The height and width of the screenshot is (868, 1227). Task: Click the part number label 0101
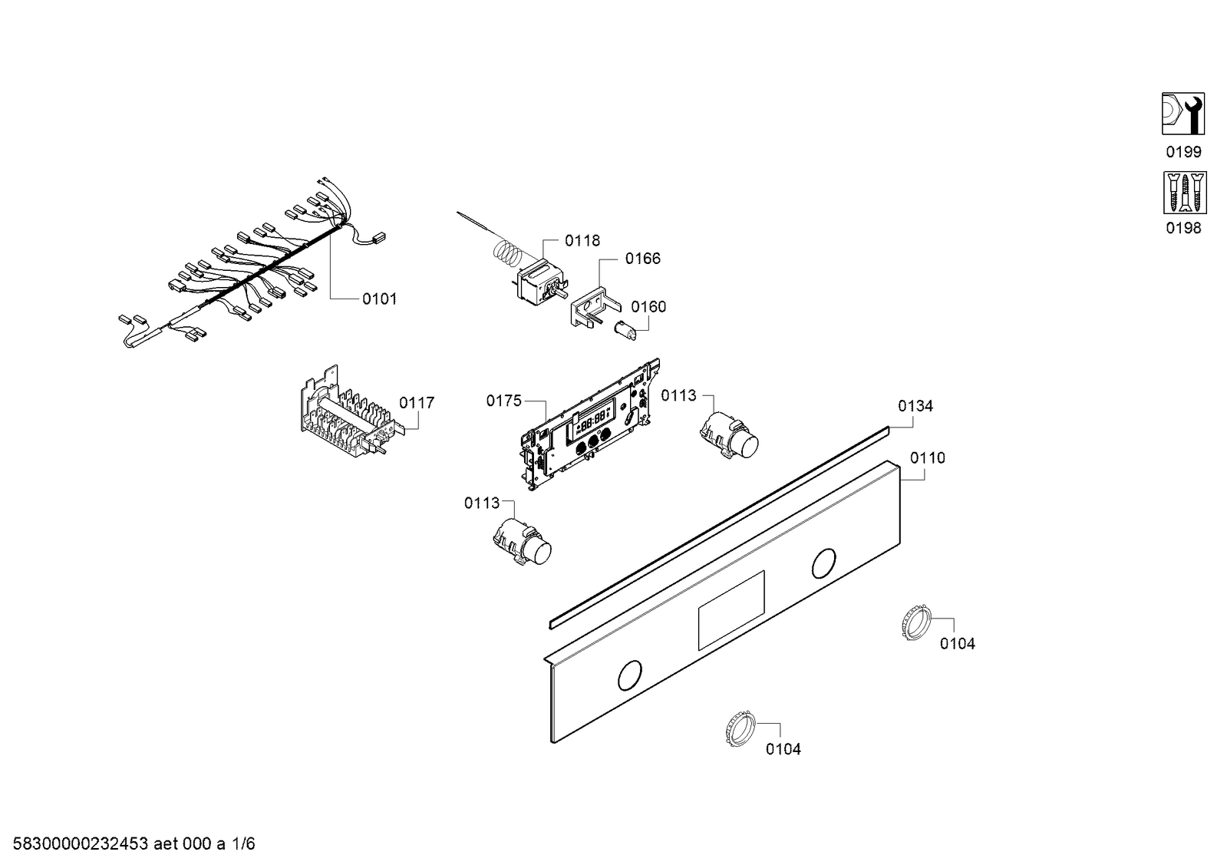[x=379, y=299]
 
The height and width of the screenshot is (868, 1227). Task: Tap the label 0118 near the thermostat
[x=582, y=241]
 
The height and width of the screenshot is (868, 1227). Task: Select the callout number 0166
[x=642, y=259]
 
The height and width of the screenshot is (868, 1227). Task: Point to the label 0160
[x=648, y=307]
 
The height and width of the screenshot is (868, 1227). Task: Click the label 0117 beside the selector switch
[x=417, y=403]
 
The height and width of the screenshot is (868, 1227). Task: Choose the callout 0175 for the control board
[x=503, y=401]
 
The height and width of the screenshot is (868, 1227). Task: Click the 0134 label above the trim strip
[x=915, y=406]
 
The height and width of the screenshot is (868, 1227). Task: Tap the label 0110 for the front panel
[x=928, y=458]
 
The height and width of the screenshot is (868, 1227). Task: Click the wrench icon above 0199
[x=1182, y=114]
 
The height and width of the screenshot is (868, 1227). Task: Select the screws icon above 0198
[x=1182, y=192]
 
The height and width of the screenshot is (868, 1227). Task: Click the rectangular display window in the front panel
[x=731, y=610]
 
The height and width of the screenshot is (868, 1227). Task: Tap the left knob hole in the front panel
[x=630, y=675]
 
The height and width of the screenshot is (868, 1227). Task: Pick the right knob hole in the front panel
[x=823, y=564]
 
